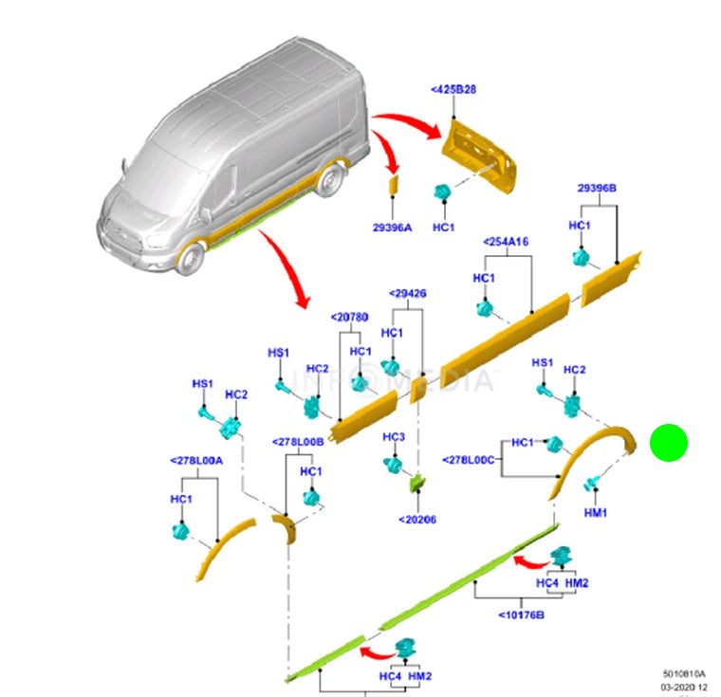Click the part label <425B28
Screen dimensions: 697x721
click(453, 89)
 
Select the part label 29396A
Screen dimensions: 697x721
click(393, 228)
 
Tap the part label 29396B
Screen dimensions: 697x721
click(597, 189)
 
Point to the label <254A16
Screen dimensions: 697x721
click(506, 242)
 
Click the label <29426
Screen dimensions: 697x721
click(407, 294)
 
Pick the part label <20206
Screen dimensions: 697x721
click(417, 519)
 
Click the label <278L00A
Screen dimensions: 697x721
click(196, 460)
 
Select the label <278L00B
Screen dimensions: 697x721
click(298, 441)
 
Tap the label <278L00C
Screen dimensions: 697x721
click(469, 460)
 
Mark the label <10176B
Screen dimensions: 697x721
click(521, 614)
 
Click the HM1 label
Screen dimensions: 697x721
click(596, 512)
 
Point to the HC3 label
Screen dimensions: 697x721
click(394, 436)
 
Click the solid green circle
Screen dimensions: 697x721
click(668, 443)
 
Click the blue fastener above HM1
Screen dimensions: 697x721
click(589, 484)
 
